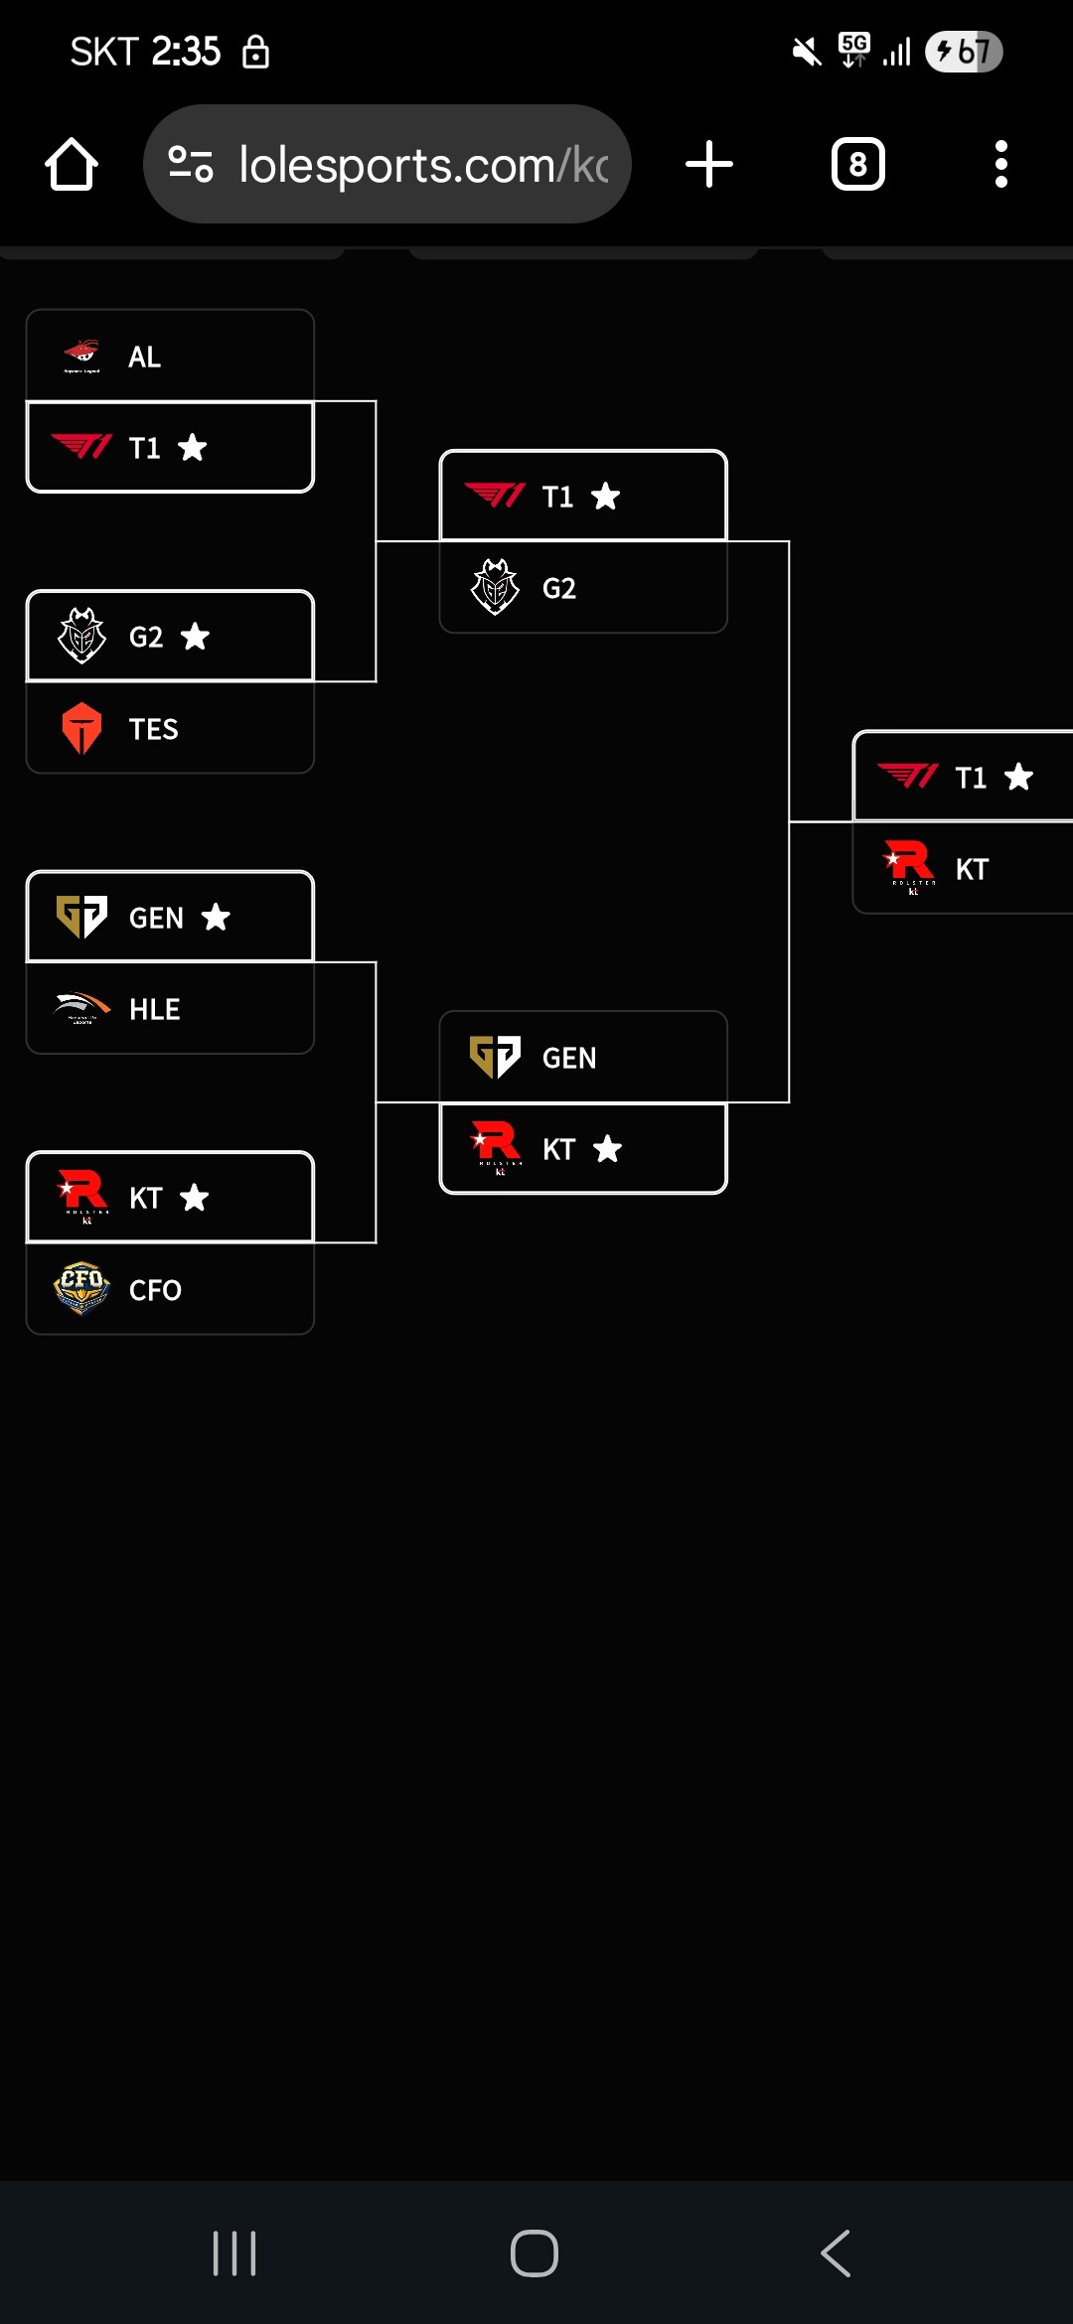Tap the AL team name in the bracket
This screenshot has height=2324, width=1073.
coord(144,357)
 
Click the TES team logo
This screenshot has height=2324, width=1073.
coord(81,728)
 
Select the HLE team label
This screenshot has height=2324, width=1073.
coord(154,1009)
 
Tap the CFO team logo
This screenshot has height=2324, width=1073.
coord(81,1289)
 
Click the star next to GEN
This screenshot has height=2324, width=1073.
coord(216,918)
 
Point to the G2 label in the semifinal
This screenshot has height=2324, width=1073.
coord(558,588)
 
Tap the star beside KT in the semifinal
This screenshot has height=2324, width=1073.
coord(607,1149)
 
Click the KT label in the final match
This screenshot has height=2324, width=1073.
coord(972,869)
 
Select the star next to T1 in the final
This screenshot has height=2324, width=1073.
coord(1018,777)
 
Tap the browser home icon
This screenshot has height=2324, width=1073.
coord(72,164)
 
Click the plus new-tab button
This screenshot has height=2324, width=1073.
coord(709,164)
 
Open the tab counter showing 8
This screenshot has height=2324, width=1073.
coord(858,164)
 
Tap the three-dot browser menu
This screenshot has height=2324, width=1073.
coord(1000,164)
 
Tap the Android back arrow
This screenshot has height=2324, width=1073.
coord(836,2252)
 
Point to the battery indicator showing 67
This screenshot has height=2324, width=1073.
coord(963,52)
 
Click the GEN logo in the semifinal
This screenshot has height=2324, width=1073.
coord(495,1057)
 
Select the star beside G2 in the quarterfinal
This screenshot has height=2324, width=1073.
coord(195,636)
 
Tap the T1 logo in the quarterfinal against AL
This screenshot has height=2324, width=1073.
coord(81,447)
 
